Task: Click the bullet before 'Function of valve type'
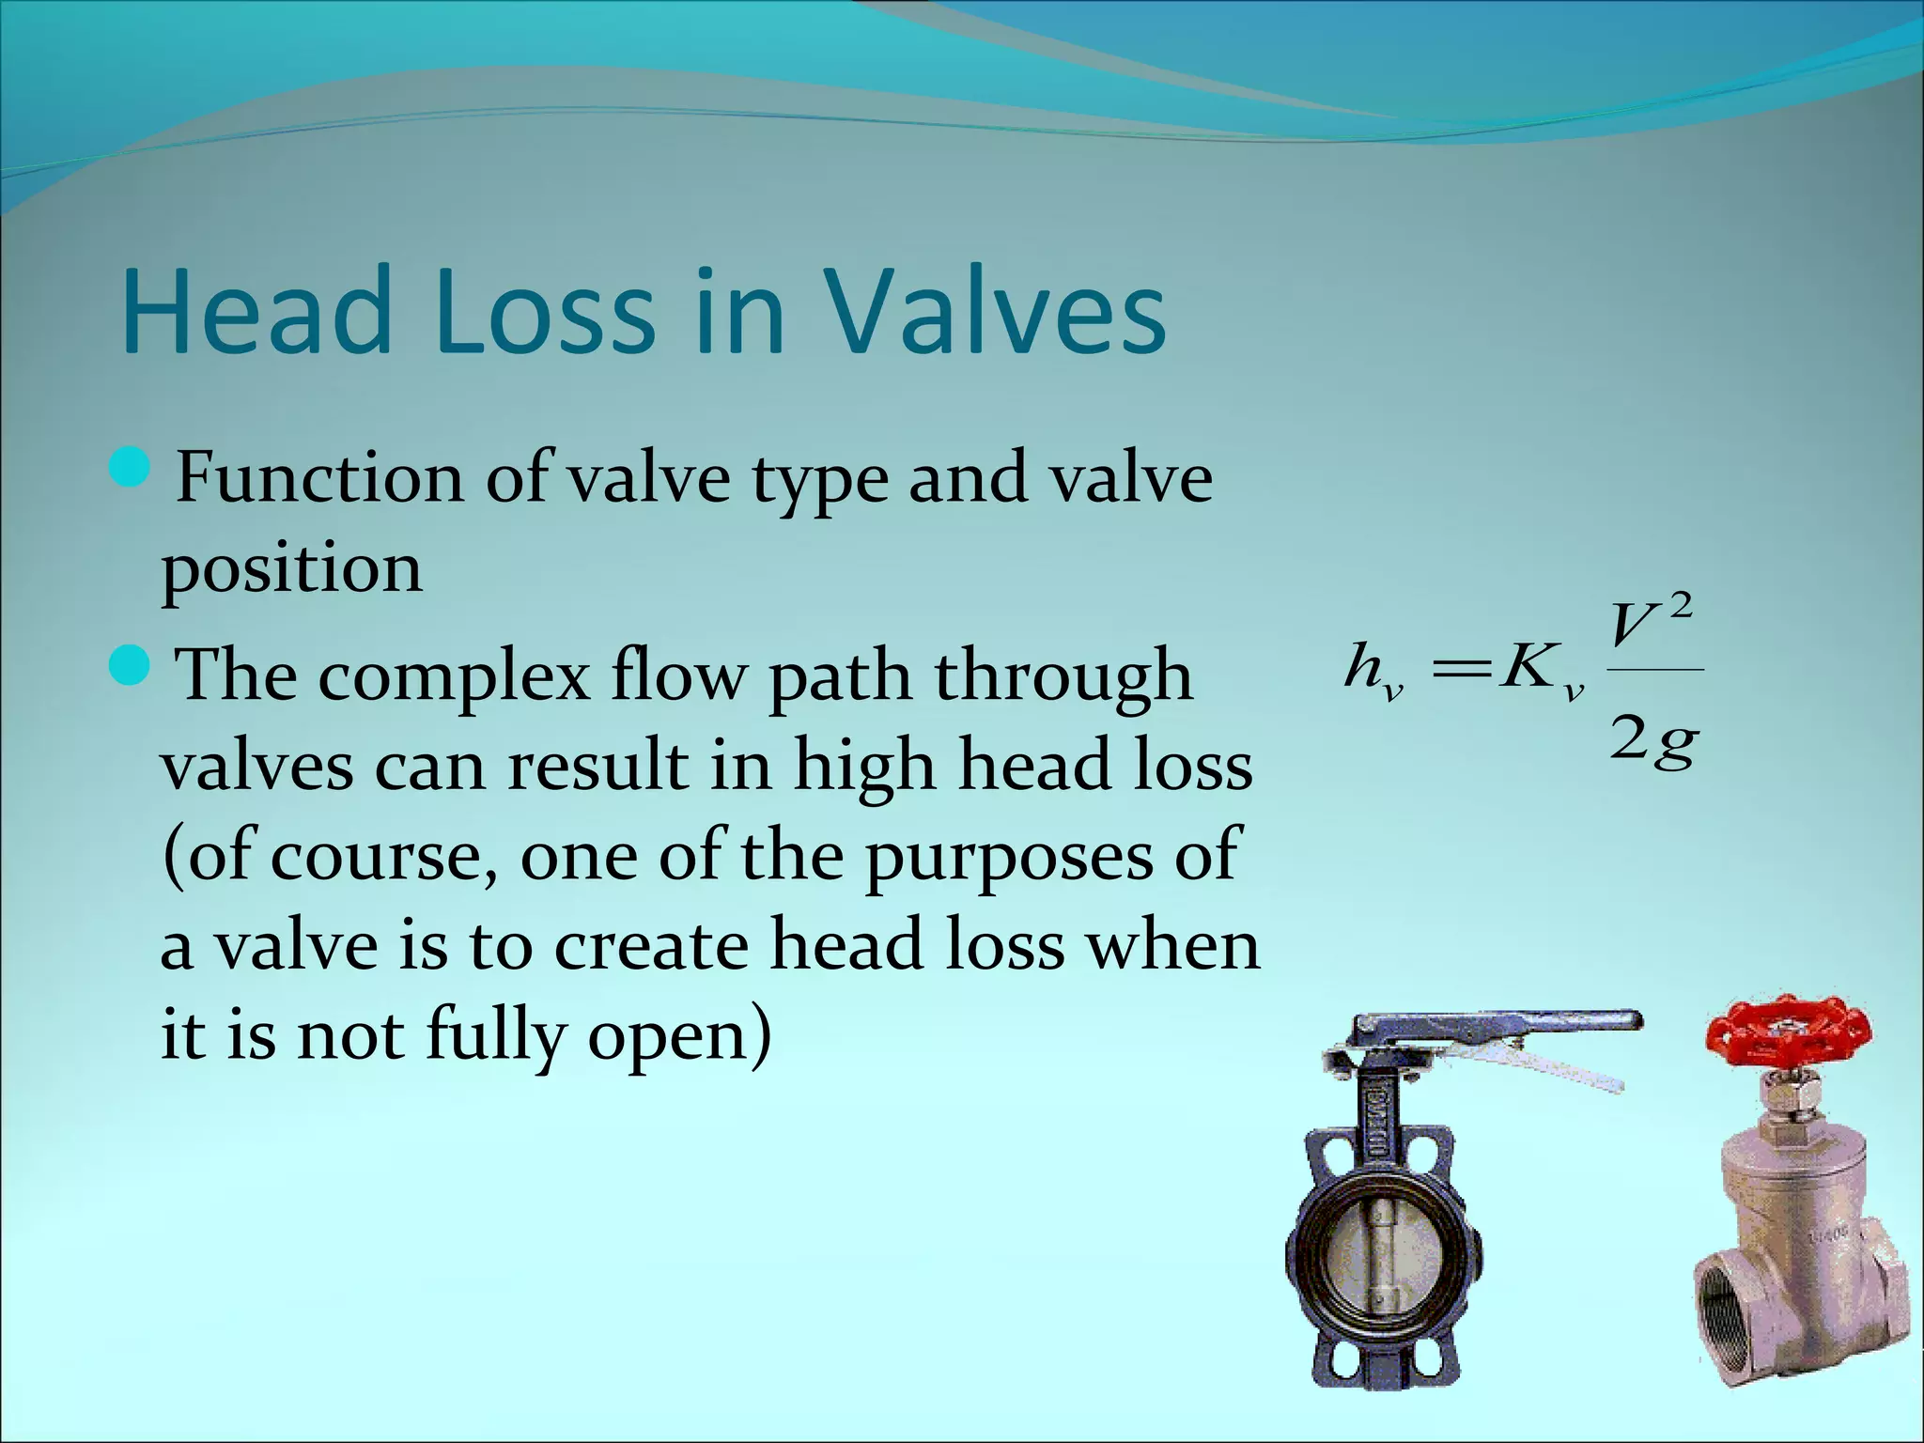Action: (130, 467)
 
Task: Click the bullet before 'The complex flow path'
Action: (130, 664)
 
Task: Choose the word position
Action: (292, 570)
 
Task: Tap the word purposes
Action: (1008, 858)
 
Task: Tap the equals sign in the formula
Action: (1459, 668)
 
